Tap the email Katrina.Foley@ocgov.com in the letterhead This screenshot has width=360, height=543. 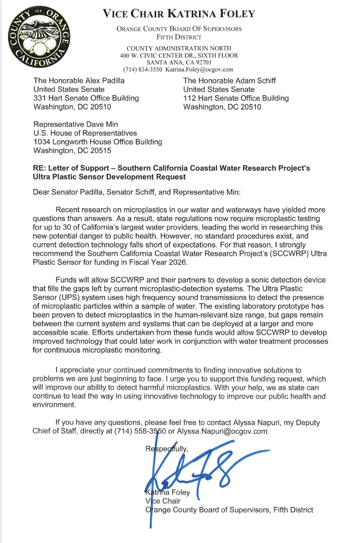[199, 69]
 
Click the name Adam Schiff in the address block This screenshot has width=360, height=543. [255, 81]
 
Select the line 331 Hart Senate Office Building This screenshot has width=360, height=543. [86, 98]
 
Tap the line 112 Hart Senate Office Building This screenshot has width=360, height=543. [236, 98]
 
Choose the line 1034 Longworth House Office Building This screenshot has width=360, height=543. [97, 142]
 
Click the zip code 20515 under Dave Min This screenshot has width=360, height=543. [102, 151]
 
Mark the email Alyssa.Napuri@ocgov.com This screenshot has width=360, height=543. [222, 431]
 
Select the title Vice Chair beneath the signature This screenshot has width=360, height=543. [163, 501]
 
